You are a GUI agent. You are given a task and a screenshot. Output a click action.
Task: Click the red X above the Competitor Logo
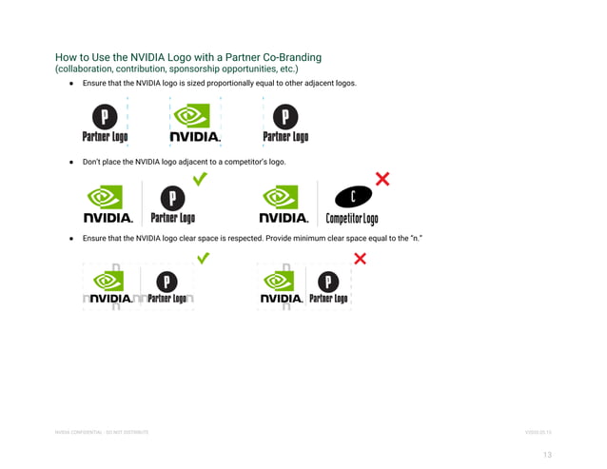pos(382,178)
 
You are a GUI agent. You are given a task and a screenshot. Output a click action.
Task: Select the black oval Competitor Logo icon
pos(352,197)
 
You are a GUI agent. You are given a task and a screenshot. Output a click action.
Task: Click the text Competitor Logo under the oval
pos(352,219)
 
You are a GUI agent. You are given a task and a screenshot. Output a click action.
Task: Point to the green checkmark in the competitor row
pos(201,178)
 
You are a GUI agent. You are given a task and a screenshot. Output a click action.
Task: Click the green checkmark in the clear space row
pos(203,258)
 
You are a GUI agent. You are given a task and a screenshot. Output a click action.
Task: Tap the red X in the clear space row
pos(361,258)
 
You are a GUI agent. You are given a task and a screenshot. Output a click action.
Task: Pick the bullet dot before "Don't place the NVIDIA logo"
pos(70,162)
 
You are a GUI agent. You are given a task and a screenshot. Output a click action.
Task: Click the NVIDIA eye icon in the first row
pos(195,116)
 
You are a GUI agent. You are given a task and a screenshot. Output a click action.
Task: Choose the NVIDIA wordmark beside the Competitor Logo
pos(284,218)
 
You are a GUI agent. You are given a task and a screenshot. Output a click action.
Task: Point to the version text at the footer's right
pos(538,433)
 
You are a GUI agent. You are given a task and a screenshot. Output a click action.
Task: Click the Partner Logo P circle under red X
pos(328,282)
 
